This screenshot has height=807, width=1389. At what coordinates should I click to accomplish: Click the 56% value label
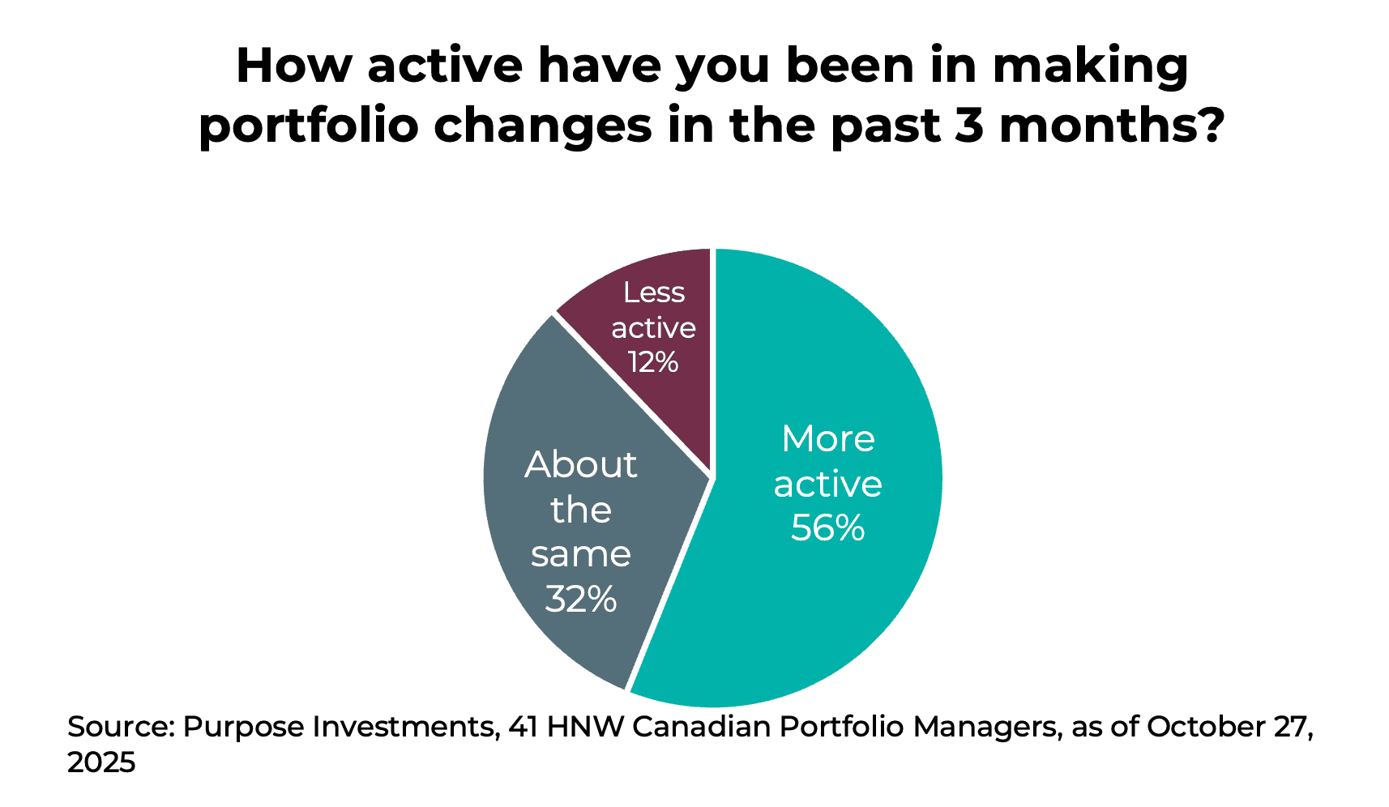827,528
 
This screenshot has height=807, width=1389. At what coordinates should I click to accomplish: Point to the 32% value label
581,600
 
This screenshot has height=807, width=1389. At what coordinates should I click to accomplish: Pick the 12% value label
653,362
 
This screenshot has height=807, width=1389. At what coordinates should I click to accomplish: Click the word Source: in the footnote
121,727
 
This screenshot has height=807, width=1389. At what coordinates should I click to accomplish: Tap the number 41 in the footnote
523,727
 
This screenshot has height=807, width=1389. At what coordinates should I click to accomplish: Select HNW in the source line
585,727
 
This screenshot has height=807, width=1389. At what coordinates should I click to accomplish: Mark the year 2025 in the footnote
101,762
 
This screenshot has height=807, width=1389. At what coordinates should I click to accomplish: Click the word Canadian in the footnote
701,727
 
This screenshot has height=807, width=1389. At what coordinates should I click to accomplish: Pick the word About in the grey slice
581,465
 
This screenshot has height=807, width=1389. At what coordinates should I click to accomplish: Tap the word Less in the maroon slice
653,292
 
